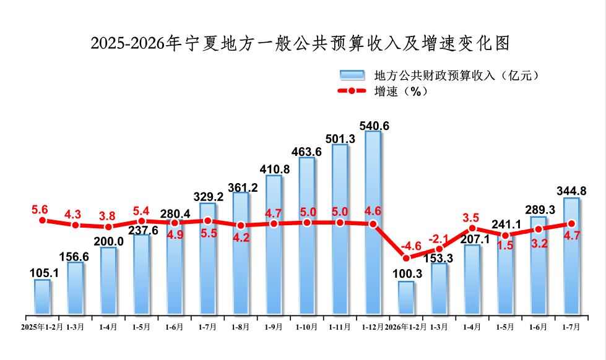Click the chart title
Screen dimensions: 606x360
[300, 43]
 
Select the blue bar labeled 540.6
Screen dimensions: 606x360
[373, 223]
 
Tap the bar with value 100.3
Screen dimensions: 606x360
[406, 298]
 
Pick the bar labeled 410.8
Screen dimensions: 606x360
[274, 244]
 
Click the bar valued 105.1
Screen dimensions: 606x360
[43, 297]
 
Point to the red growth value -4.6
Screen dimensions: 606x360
[411, 246]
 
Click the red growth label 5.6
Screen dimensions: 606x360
[40, 210]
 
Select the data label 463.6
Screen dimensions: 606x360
[306, 152]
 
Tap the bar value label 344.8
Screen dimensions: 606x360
[571, 191]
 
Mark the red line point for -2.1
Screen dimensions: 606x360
[439, 249]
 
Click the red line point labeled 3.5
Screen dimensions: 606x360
[472, 228]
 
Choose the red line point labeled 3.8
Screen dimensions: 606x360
[108, 227]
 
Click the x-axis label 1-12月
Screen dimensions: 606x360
[373, 327]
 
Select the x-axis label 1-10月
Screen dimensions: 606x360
[306, 327]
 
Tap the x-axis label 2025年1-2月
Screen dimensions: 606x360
[41, 327]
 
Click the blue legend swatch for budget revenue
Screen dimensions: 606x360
[352, 75]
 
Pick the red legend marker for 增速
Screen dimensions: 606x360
[352, 91]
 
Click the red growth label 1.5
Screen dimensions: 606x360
[505, 246]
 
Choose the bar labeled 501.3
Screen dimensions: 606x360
[340, 229]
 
